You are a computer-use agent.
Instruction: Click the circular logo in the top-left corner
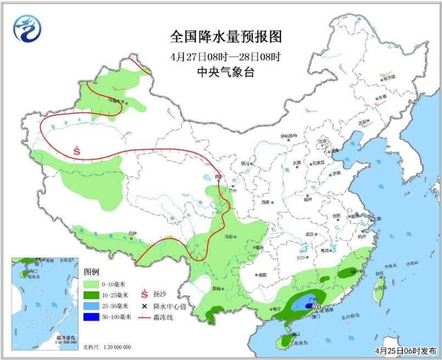pyautogui.click(x=28, y=29)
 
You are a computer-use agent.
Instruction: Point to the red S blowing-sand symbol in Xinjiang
pyautogui.click(x=77, y=149)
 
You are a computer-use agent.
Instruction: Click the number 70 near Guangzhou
pyautogui.click(x=317, y=314)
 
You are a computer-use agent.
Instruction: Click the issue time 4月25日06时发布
pyautogui.click(x=405, y=350)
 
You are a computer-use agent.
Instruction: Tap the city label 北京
pyautogui.click(x=322, y=141)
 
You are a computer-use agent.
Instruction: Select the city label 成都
pyautogui.click(x=228, y=237)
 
